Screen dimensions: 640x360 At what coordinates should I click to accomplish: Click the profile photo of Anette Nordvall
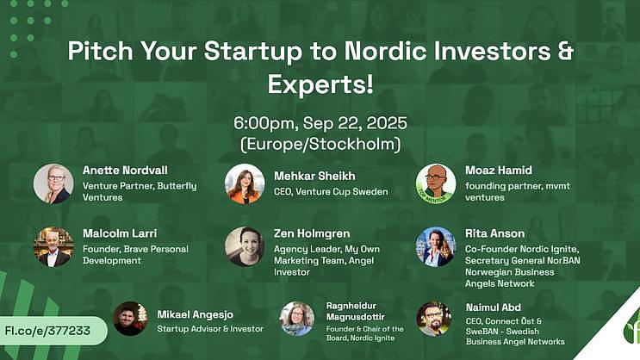pos(53,183)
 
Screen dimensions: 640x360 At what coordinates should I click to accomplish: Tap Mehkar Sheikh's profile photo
pos(245,183)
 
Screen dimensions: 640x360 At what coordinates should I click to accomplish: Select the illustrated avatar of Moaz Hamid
pos(436,183)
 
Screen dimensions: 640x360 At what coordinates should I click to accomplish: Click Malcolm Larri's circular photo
pos(53,247)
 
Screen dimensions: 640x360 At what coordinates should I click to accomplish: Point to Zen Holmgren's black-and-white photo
pos(245,247)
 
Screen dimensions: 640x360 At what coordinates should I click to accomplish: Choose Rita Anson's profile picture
pos(436,247)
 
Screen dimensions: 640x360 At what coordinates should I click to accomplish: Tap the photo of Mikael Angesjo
pos(131,319)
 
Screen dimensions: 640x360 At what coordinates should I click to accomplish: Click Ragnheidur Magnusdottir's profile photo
pos(297,319)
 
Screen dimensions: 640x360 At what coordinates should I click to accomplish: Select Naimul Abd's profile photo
pos(434,319)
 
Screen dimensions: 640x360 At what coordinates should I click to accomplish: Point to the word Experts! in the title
pos(320,84)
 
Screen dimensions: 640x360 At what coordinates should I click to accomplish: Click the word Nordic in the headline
pos(385,51)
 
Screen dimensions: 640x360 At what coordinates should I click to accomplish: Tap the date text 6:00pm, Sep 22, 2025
pos(320,123)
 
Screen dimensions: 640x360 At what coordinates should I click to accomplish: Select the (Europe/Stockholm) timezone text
pos(320,144)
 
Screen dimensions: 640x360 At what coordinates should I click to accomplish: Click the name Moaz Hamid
pos(499,171)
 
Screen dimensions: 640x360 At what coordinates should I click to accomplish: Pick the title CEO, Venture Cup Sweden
pos(331,191)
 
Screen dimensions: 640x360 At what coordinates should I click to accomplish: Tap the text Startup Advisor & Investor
pos(210,329)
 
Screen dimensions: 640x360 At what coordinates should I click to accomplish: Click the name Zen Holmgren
pos(312,233)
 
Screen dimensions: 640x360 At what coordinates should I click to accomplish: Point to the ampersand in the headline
pos(566,51)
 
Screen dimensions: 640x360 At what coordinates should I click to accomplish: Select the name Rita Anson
pos(494,233)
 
